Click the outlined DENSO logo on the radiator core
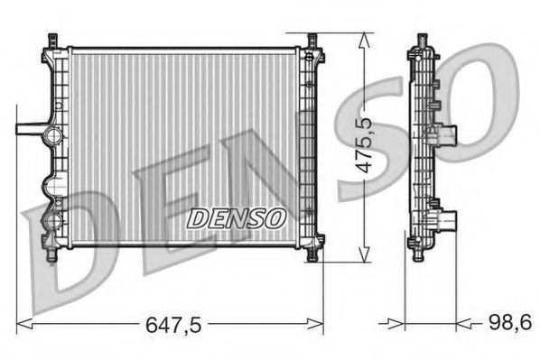pyautogui.click(x=236, y=217)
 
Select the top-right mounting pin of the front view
pyautogui.click(x=312, y=42)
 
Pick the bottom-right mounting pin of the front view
pyautogui.click(x=312, y=255)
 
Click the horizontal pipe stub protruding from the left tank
pyautogui.click(x=30, y=127)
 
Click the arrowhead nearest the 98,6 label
pyautogui.click(x=463, y=321)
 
